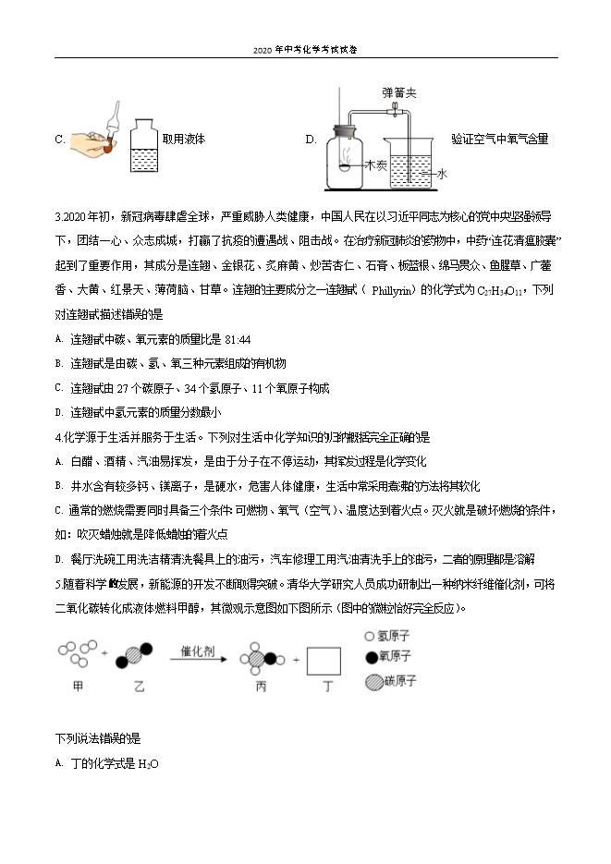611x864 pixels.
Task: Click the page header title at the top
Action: (x=304, y=52)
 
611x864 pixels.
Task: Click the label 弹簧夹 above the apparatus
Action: (x=399, y=93)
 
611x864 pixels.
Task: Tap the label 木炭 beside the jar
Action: (x=374, y=165)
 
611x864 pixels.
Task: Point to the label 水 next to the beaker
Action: (x=442, y=173)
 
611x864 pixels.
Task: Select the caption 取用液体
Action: (x=183, y=140)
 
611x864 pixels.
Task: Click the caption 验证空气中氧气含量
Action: (x=499, y=140)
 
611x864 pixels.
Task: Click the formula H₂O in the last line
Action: (x=149, y=764)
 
